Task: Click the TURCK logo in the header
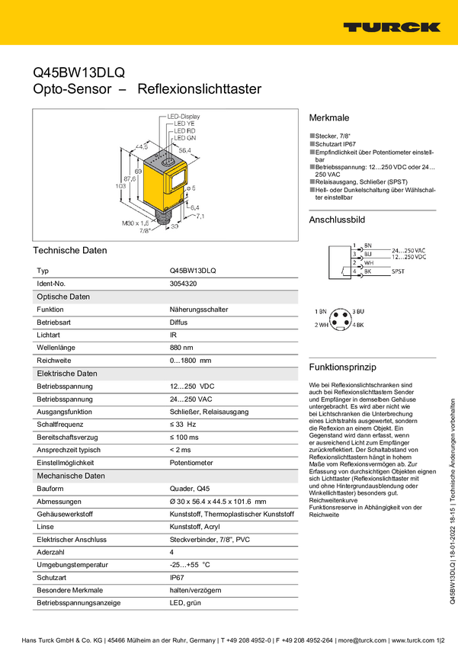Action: [392, 27]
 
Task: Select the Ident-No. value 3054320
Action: [183, 284]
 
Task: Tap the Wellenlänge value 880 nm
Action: [181, 348]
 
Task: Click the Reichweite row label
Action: [53, 361]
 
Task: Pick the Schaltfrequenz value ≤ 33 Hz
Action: [183, 425]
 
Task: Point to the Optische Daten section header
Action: [63, 297]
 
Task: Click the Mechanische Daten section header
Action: [71, 476]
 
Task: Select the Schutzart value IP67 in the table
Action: [177, 577]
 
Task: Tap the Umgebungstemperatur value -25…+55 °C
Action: [190, 564]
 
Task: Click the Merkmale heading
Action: [329, 117]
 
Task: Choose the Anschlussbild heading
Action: [337, 220]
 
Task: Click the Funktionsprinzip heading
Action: [343, 367]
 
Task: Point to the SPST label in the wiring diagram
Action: [398, 271]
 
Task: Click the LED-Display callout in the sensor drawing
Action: [184, 117]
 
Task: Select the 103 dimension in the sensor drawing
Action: [120, 186]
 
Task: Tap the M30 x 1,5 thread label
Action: [136, 223]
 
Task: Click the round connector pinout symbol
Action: [341, 319]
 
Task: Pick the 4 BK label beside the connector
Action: [358, 326]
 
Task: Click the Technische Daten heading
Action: [70, 251]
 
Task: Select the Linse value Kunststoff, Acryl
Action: [194, 527]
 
